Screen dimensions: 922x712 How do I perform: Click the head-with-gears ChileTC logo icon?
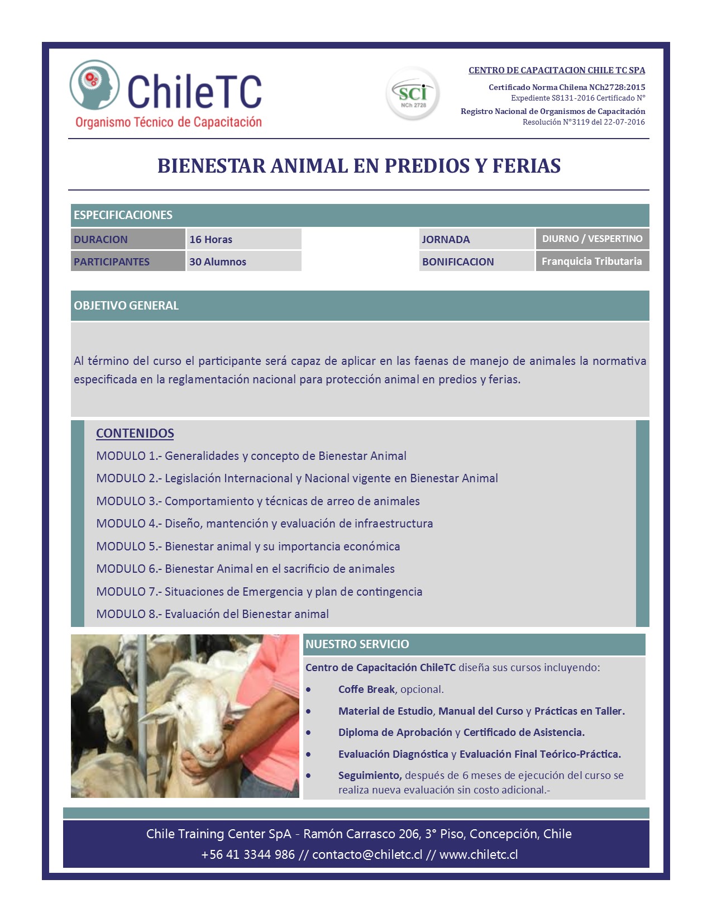click(x=94, y=85)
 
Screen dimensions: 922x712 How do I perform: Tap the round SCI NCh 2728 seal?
click(x=413, y=93)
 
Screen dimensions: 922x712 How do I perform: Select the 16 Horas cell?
click(x=211, y=239)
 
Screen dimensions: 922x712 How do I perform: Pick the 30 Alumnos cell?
click(x=217, y=262)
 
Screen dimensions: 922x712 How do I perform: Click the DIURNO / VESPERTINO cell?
click(x=592, y=239)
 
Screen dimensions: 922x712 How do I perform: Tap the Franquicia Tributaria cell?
click(x=591, y=261)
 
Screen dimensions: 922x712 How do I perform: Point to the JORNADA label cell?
click(x=446, y=239)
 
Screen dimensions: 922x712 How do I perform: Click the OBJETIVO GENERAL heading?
click(x=126, y=306)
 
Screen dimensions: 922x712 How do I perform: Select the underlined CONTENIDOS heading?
click(x=135, y=433)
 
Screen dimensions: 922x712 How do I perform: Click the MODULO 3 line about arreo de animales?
click(x=257, y=501)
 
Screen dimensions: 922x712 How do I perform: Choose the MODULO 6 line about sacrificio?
click(x=245, y=569)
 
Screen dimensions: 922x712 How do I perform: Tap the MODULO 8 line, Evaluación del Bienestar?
click(x=212, y=614)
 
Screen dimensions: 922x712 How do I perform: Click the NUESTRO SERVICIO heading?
click(x=357, y=644)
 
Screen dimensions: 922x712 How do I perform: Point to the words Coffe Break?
click(x=366, y=690)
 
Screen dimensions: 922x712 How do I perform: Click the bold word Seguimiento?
click(x=370, y=776)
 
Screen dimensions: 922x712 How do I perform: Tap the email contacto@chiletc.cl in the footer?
click(x=367, y=855)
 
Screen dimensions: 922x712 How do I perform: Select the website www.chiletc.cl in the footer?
click(x=479, y=855)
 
